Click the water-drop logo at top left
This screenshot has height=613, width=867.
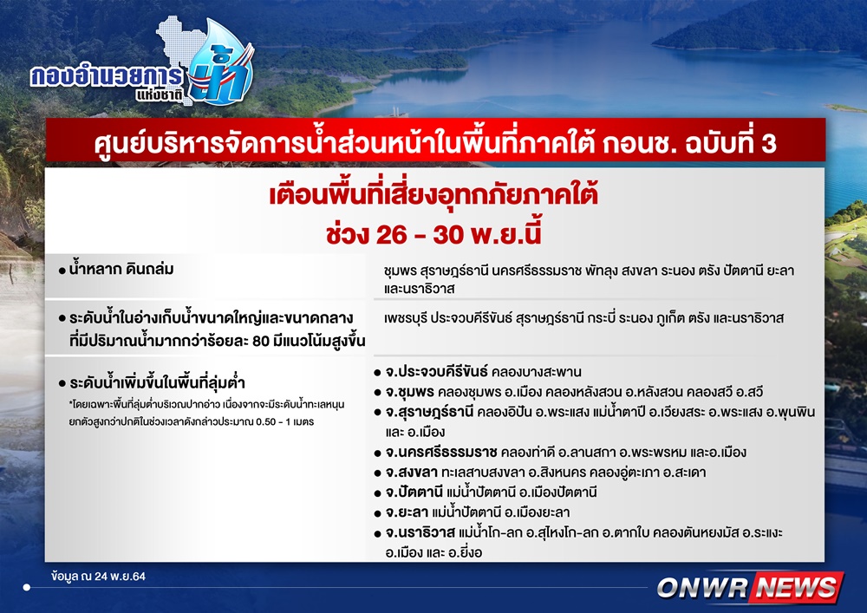[220, 63]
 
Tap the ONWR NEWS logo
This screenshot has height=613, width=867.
[749, 588]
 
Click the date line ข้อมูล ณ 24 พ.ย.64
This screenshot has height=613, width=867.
[99, 577]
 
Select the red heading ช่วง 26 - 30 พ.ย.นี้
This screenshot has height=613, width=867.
[433, 233]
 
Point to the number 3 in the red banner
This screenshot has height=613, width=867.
[768, 144]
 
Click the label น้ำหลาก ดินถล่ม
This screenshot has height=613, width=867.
[121, 269]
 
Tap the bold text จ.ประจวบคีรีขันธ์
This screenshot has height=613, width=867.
[436, 371]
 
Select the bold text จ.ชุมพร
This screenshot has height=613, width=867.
[409, 392]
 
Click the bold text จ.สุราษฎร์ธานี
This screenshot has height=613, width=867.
[429, 413]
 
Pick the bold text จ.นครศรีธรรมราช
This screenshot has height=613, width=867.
[440, 452]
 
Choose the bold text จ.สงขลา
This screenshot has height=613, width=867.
[411, 472]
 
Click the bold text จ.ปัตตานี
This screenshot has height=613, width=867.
[414, 492]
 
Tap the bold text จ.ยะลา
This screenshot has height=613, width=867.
[407, 512]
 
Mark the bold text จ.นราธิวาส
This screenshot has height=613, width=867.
[420, 533]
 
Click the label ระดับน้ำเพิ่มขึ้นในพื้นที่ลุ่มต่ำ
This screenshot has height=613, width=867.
[157, 382]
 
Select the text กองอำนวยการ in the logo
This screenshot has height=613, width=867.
[106, 77]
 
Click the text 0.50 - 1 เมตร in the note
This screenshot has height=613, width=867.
[284, 421]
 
